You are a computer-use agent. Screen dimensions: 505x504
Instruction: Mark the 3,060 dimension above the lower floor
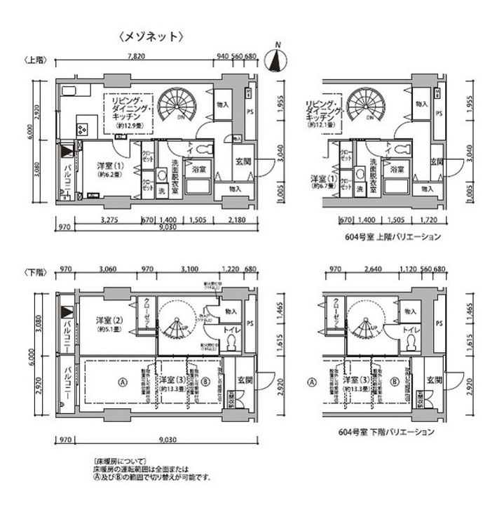(x=107, y=269)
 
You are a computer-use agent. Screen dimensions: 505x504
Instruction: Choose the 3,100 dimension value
(x=189, y=269)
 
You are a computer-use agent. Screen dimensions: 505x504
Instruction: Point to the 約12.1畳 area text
(x=320, y=124)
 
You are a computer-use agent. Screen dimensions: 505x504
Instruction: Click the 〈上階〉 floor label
(x=34, y=60)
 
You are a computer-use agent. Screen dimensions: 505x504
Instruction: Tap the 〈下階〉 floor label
(x=34, y=269)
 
